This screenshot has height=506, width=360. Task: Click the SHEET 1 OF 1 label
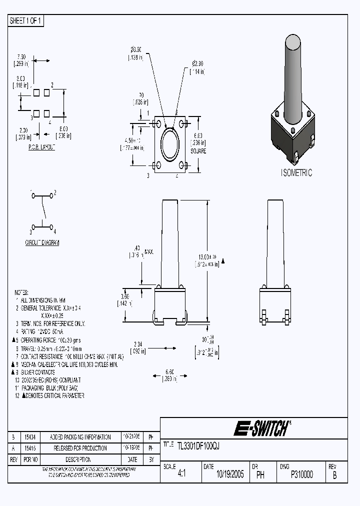coord(26,21)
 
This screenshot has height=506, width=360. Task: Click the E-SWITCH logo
coord(260,428)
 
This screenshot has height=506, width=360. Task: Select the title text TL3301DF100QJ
coord(198,445)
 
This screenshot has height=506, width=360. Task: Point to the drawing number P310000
coord(301,475)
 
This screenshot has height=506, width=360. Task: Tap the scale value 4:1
coord(181,475)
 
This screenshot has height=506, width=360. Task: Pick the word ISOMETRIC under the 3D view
coord(296,173)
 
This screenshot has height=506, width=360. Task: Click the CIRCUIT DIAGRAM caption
coord(42,242)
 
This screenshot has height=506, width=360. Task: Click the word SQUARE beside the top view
coord(198,151)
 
